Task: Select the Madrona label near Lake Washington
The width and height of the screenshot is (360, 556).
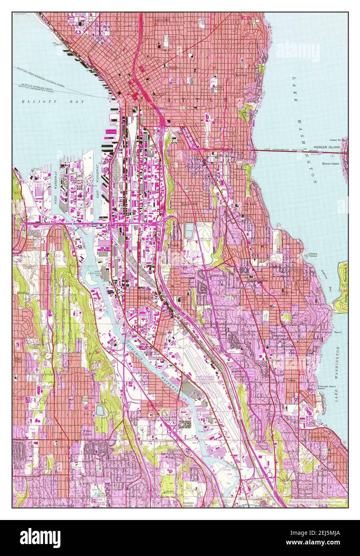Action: click(x=241, y=74)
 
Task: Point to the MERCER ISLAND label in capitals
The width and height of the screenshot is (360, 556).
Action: click(x=327, y=147)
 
